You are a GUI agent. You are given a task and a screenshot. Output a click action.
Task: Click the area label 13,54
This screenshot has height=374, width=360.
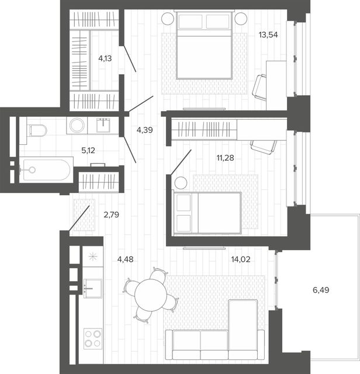tap(268, 35)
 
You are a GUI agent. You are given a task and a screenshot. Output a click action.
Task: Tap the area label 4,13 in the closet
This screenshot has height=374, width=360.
tap(105, 58)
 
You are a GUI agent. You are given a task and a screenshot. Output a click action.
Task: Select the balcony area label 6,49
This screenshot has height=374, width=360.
tap(321, 290)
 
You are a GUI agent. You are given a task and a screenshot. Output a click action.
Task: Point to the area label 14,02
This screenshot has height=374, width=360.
tap(241, 259)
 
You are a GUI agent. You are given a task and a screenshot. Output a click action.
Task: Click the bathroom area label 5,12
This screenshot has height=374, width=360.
tap(88, 150)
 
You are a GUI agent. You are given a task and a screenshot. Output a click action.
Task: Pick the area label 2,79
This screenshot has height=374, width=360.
tap(111, 214)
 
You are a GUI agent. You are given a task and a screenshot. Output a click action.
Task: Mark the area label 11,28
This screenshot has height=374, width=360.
tap(225, 158)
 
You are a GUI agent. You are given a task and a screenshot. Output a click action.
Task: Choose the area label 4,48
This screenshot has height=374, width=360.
tap(125, 259)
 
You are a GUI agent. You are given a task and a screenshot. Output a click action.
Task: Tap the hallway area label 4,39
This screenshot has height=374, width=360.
tap(144, 130)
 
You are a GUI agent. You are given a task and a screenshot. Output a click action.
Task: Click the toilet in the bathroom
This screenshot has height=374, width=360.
tap(37, 130)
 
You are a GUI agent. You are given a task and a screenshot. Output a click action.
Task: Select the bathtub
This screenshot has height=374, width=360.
tap(46, 170)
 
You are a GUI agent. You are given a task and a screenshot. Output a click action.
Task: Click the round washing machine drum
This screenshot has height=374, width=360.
tap(77, 125)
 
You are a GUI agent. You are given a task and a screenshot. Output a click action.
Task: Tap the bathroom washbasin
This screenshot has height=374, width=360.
tap(103, 125)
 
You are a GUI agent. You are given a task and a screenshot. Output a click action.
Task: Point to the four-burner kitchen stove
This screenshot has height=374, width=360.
tap(93, 339)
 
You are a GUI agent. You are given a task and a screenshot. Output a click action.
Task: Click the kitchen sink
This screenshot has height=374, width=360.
tap(93, 288)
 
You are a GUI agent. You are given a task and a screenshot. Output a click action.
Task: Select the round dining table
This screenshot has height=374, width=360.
tap(151, 295)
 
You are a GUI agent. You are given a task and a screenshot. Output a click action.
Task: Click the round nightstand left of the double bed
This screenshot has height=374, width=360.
tap(168, 18)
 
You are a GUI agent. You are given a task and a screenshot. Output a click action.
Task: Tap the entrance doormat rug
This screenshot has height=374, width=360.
tap(84, 215)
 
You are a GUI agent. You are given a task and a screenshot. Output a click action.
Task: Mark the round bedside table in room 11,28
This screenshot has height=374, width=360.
tap(181, 183)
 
